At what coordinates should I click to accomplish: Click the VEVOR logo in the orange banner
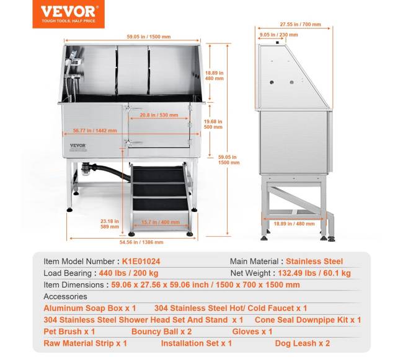68,11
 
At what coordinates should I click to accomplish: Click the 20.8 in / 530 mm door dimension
156,115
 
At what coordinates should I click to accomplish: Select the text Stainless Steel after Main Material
314,261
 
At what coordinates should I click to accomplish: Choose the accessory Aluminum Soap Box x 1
89,308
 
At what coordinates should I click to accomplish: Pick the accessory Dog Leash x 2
303,343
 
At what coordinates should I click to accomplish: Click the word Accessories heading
66,296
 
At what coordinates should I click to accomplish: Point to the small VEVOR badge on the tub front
78,146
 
